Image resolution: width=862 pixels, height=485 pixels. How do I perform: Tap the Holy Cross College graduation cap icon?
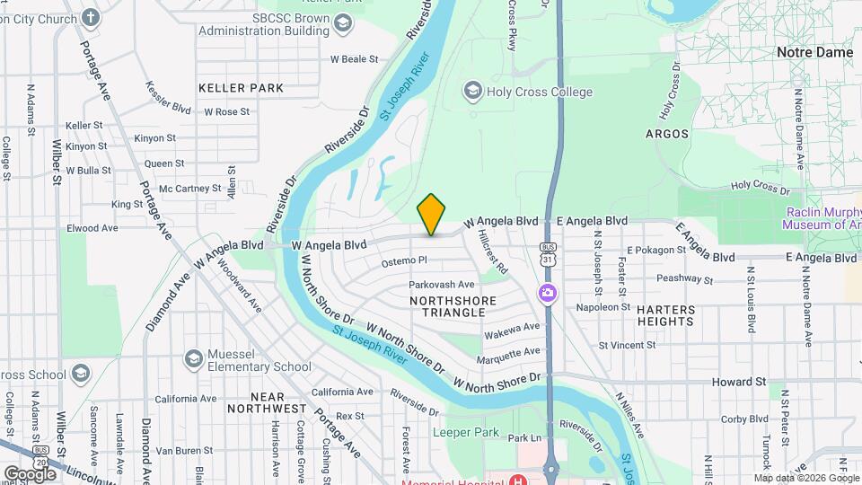point(471,91)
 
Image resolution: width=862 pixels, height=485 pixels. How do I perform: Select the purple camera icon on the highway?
point(546,293)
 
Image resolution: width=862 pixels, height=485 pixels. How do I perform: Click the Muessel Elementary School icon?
point(192,359)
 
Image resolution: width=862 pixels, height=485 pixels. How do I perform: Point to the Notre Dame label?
point(814,52)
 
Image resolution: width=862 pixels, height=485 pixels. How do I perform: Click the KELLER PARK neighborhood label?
point(241,88)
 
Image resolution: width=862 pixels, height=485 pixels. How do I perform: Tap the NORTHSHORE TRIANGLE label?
point(446,305)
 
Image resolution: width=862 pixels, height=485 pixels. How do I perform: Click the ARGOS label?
point(667,134)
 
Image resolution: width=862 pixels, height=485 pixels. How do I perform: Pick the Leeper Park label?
point(465,432)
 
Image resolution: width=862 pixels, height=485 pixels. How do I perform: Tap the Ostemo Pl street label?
point(403,260)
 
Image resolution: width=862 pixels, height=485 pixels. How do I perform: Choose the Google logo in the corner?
point(30,473)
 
